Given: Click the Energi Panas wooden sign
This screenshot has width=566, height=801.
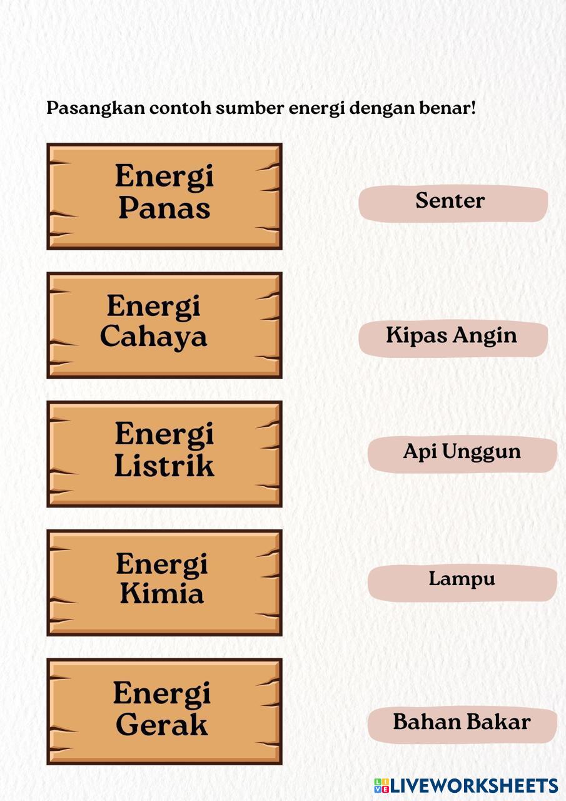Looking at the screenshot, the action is pos(164,196).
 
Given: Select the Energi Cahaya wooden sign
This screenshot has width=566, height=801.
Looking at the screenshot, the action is pos(164,325).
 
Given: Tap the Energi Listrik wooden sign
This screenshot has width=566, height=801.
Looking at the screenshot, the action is pos(164,454).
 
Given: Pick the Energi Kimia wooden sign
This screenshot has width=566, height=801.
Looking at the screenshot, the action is pos(164,583).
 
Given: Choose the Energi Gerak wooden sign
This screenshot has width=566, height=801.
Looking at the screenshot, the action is pos(164,712).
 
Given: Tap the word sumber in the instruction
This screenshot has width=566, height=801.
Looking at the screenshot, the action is pos(250,108).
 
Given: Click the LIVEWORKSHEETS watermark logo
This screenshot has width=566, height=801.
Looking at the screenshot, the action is pos(466,786).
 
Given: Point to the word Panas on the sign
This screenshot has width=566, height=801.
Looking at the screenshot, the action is pos(164,208).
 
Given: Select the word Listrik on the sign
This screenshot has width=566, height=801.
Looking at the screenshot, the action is pos(164,466).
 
